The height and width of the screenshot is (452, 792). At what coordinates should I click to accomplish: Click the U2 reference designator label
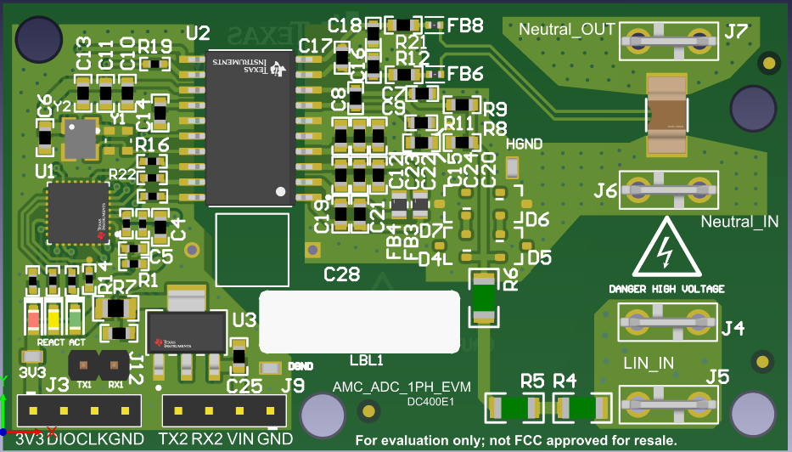(x=198, y=33)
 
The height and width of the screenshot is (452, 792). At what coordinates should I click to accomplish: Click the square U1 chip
(x=77, y=212)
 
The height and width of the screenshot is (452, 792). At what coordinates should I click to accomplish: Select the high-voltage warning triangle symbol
(x=666, y=249)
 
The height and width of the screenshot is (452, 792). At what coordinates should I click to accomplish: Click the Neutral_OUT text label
(x=566, y=30)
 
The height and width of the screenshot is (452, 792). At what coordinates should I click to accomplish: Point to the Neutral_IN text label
(x=740, y=222)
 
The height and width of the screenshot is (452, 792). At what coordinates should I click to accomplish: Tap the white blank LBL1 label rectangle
(x=359, y=321)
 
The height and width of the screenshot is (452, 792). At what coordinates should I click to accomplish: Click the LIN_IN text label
(x=649, y=363)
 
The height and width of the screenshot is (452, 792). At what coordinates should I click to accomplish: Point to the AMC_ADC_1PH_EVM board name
(x=402, y=388)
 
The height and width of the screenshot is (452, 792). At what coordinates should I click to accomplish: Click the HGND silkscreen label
(x=524, y=144)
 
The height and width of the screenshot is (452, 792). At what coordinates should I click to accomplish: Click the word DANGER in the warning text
(x=626, y=289)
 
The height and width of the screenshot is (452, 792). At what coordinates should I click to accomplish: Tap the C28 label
(x=342, y=274)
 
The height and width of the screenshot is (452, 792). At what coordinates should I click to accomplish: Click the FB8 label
(x=465, y=25)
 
